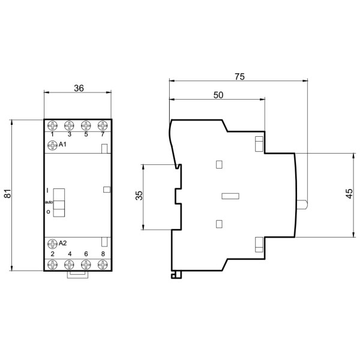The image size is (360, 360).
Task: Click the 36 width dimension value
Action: coord(78,88)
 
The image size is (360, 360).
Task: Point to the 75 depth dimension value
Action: coord(239,77)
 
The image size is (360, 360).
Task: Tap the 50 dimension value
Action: coord(218,95)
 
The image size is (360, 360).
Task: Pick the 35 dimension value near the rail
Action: coord(138,196)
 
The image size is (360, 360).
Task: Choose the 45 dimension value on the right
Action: coord(349,193)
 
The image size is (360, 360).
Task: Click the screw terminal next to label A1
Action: coord(52,145)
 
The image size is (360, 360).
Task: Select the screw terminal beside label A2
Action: coord(52,243)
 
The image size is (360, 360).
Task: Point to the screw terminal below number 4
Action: coord(69,264)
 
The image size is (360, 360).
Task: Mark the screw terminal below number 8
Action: coord(103,264)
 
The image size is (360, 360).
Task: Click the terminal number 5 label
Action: coord(86,134)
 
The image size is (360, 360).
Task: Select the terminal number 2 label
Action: coord(52,254)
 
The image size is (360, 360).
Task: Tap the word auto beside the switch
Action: coord(49,202)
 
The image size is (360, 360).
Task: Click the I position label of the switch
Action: coord(48,190)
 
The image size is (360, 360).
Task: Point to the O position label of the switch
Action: coord(48,212)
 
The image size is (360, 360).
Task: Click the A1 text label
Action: coord(62,145)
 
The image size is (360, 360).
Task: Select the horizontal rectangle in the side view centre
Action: coord(230,196)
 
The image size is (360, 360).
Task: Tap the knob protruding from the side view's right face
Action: coord(304,205)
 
